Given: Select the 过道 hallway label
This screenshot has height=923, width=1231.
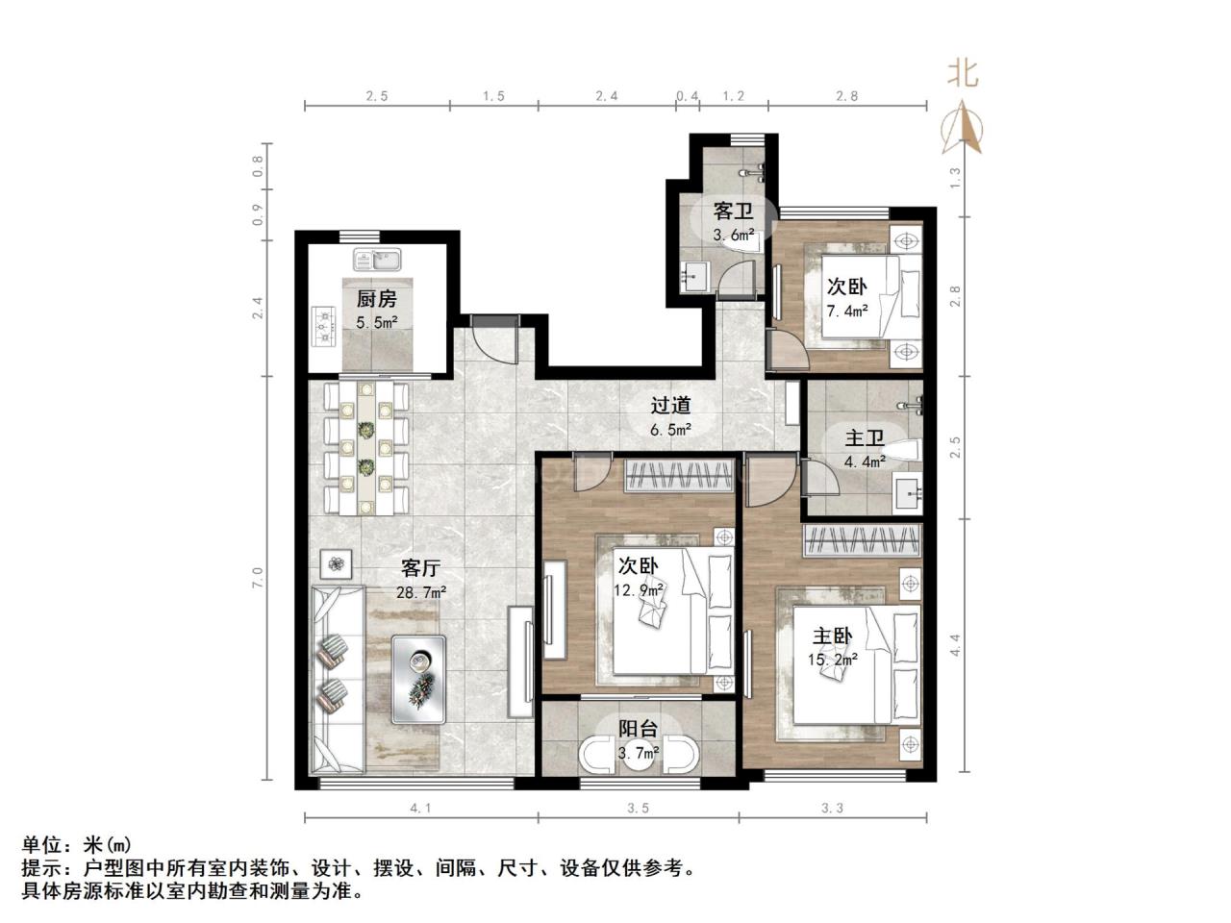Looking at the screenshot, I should point(670,406).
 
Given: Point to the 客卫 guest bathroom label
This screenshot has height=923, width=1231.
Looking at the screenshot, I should point(733,211).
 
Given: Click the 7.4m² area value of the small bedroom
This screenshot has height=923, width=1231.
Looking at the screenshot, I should point(847,311).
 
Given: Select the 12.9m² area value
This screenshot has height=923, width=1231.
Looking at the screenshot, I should point(640,589).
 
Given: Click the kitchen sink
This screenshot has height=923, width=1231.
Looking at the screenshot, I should point(376,260).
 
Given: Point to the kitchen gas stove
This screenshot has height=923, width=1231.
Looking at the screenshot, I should point(322,327).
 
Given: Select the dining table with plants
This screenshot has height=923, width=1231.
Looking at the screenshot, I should point(366,448).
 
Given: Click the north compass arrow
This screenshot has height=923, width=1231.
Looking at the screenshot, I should point(963,129).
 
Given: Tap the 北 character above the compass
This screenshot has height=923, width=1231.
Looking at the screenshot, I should point(963,73).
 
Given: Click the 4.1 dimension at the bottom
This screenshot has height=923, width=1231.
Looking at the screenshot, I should point(420,809).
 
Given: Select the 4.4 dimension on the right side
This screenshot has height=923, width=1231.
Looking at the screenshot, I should point(955,645).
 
